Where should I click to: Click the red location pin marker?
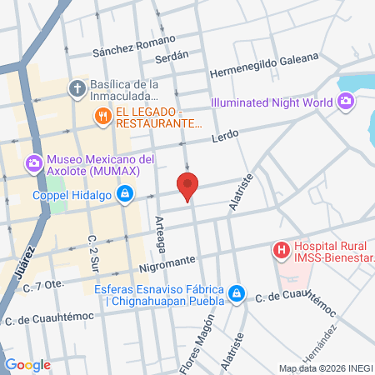(x=187, y=187)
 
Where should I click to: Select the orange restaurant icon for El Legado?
(x=104, y=116)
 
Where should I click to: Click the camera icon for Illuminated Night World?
(x=345, y=102)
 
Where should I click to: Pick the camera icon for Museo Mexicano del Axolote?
(x=34, y=162)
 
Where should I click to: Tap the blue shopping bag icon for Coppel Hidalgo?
(x=124, y=196)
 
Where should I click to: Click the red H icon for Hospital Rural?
(x=282, y=249)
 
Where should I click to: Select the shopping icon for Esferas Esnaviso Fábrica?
(x=237, y=293)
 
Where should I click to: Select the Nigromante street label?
(x=167, y=261)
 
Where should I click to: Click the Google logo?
(x=27, y=365)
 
